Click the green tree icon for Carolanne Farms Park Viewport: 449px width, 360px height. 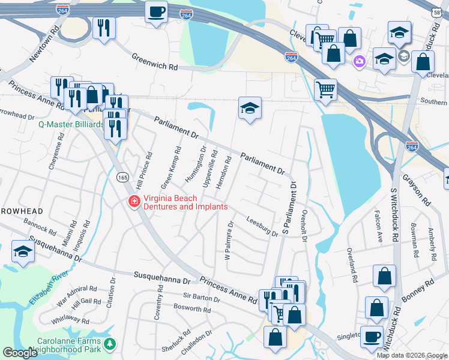tap(109, 344)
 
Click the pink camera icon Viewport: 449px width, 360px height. tap(360, 61)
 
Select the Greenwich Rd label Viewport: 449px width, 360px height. tap(155, 62)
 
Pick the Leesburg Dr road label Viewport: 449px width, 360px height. tap(262, 227)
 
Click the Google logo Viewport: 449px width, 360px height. tap(20, 353)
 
